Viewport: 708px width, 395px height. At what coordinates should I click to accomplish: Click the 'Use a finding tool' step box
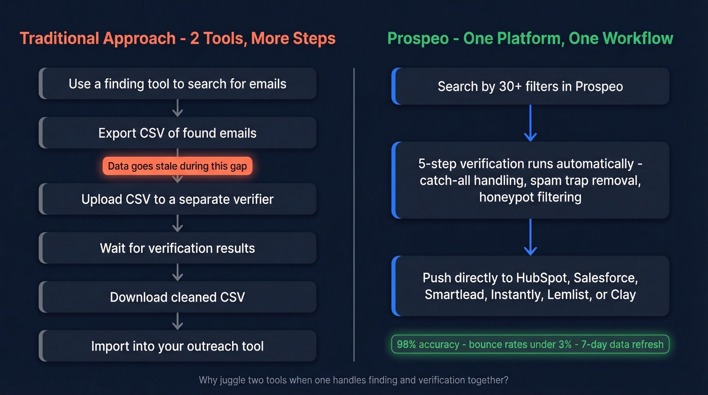click(178, 83)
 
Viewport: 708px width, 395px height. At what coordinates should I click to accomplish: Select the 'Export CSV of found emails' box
click(178, 133)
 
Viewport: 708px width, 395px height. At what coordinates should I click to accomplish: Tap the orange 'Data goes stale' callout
click(178, 166)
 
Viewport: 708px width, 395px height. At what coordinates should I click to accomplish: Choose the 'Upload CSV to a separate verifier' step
click(178, 199)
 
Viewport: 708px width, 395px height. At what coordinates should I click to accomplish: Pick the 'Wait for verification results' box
click(178, 248)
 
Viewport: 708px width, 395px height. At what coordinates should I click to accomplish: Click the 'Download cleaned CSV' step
click(178, 297)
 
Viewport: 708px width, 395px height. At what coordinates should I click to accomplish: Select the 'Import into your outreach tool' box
click(178, 346)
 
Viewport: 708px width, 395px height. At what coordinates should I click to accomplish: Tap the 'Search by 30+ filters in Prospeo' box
click(530, 86)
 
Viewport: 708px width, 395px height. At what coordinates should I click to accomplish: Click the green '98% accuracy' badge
click(530, 344)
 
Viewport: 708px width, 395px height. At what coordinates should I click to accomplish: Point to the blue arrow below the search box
click(530, 123)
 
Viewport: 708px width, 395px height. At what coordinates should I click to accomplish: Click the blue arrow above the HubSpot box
click(530, 237)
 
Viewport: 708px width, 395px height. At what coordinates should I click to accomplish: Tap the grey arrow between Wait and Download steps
click(178, 272)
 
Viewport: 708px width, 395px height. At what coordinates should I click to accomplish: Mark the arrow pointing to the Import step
click(178, 321)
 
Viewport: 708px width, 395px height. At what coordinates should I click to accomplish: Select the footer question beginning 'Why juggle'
click(353, 380)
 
